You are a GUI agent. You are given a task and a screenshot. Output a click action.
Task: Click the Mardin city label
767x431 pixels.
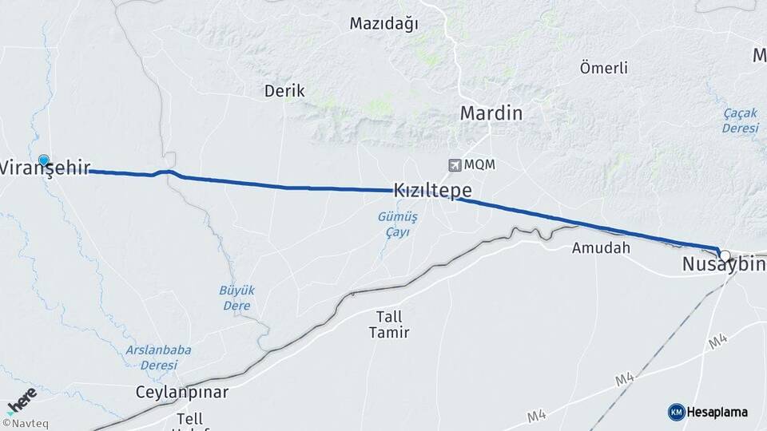click(x=491, y=113)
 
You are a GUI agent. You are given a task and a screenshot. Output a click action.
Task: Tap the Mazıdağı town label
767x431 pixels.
click(x=383, y=24)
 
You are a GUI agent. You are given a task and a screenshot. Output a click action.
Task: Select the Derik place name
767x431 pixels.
click(x=284, y=91)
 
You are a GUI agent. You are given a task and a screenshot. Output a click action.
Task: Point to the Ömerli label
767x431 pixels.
click(x=603, y=68)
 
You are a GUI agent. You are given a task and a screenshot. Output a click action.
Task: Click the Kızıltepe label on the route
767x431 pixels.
click(x=431, y=191)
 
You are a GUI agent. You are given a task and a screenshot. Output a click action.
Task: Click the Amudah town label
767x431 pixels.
click(x=601, y=248)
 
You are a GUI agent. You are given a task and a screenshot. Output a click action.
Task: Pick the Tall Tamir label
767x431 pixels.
click(x=388, y=324)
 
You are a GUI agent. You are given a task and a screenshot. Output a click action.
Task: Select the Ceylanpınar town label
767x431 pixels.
click(x=182, y=392)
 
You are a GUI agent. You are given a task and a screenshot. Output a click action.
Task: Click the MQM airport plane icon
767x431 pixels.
click(x=455, y=164)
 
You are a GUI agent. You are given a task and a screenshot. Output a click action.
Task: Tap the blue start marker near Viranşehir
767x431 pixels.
click(x=43, y=160)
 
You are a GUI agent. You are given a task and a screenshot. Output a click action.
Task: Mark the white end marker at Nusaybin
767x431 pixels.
click(x=725, y=255)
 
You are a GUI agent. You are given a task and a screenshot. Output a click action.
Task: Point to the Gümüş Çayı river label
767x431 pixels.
click(x=393, y=224)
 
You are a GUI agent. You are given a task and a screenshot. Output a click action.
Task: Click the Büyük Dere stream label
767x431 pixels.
click(x=235, y=297)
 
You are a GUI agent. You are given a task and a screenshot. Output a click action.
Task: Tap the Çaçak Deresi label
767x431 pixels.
click(x=740, y=121)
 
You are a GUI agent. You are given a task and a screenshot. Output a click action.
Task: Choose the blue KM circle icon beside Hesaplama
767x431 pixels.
click(x=676, y=412)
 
